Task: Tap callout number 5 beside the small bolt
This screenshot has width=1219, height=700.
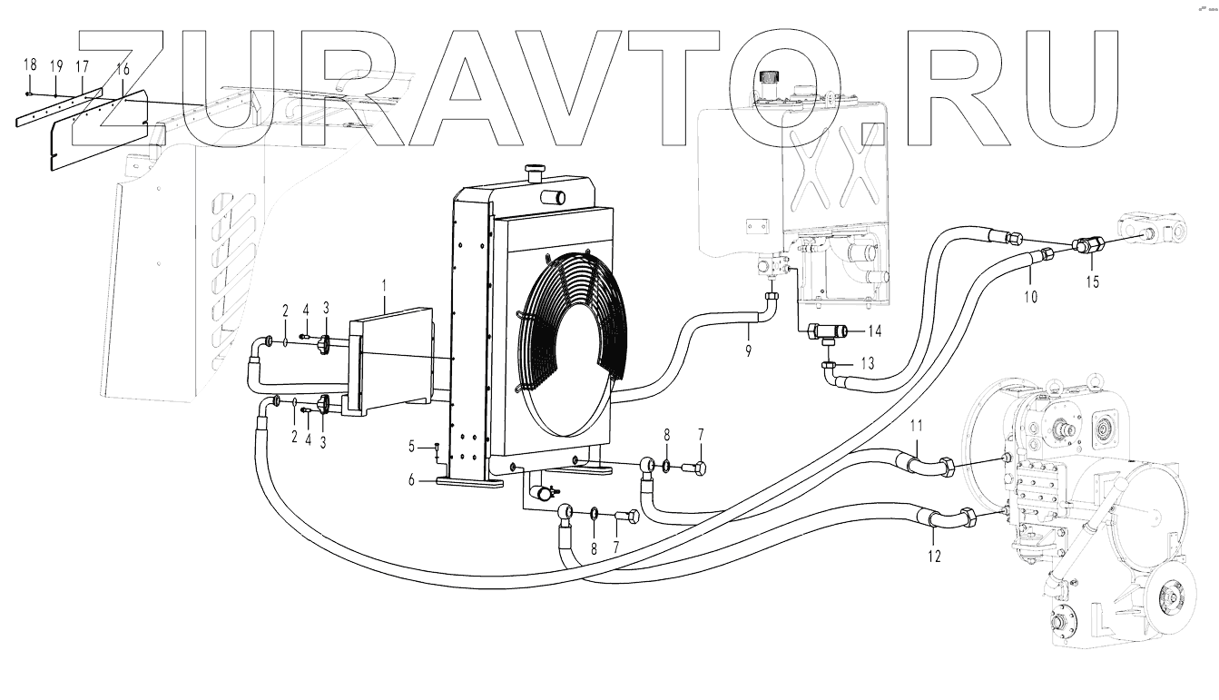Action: click(x=411, y=446)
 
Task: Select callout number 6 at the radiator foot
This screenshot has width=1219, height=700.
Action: click(x=411, y=480)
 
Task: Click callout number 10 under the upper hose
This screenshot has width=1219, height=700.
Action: click(x=1031, y=296)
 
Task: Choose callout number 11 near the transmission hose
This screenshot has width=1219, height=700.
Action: click(x=917, y=427)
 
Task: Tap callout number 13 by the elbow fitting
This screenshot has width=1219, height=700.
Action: click(x=868, y=363)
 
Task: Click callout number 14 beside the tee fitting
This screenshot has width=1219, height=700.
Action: click(x=875, y=330)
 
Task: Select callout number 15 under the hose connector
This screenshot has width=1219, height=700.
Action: click(x=1093, y=281)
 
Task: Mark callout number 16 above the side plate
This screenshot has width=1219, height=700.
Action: click(x=123, y=69)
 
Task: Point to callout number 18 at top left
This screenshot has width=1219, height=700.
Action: click(x=30, y=64)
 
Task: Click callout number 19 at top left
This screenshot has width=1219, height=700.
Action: click(x=55, y=65)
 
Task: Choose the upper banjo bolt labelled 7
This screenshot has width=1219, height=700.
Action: click(x=699, y=468)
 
